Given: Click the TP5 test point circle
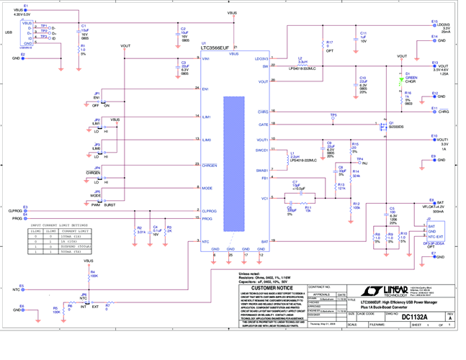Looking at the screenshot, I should [x=333, y=119].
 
